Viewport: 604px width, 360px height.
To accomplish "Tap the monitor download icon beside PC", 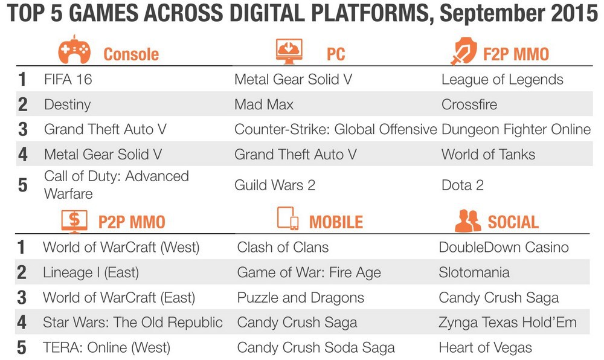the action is click(289, 51).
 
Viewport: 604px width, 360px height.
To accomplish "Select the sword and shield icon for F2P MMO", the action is click(464, 51).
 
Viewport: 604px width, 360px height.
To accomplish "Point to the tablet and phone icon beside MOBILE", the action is click(288, 218).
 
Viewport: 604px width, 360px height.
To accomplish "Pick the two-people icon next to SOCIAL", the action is click(467, 220).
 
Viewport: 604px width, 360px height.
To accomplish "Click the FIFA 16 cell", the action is click(68, 79).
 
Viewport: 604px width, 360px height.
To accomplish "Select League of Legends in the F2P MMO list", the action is click(503, 80).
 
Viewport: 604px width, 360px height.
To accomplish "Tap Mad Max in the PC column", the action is click(264, 104).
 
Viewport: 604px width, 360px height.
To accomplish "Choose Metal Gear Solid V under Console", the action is click(103, 155).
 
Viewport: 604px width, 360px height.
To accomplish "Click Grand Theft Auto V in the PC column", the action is click(295, 155).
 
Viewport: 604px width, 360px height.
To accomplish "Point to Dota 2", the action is click(462, 185).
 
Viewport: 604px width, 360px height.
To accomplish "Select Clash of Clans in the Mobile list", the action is click(283, 247).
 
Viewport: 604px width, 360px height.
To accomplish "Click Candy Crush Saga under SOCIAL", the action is click(498, 298).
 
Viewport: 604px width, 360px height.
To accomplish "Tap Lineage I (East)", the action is click(91, 272).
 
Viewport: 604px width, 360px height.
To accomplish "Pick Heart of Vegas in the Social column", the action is click(485, 348).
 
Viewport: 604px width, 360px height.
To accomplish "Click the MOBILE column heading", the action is click(336, 222).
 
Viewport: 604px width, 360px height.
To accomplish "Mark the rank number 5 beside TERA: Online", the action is click(22, 348).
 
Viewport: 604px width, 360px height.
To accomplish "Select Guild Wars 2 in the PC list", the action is click(275, 185).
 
